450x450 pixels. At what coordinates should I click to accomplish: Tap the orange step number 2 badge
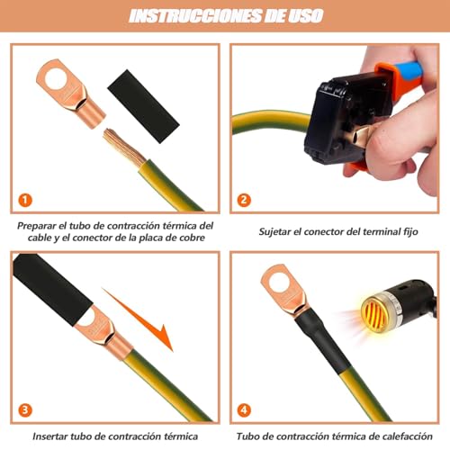pyautogui.click(x=244, y=200)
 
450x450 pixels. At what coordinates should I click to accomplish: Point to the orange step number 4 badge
pyautogui.click(x=244, y=409)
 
